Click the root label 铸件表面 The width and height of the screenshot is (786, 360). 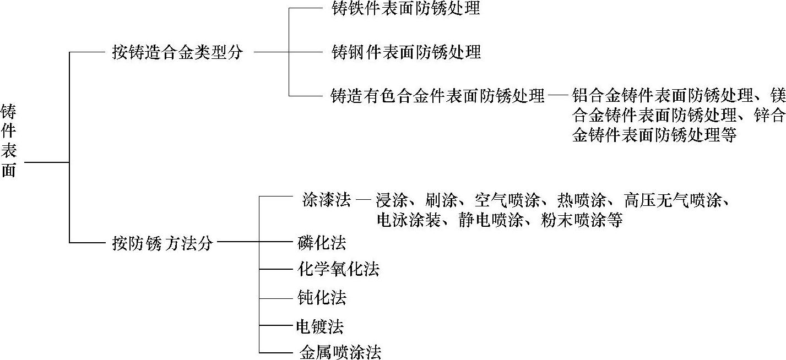(9, 140)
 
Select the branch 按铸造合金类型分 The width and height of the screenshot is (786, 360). (177, 53)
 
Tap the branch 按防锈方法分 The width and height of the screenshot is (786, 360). (162, 243)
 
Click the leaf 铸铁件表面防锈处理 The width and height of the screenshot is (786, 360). (406, 9)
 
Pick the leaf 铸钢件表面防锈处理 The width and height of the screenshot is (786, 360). (406, 52)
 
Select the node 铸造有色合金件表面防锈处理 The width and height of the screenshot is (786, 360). (437, 96)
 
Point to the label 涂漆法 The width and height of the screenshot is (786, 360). (327, 200)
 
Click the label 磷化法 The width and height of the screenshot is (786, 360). (321, 243)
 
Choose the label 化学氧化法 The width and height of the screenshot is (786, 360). (338, 270)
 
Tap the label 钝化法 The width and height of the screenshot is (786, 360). (321, 298)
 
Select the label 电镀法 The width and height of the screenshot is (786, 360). (320, 326)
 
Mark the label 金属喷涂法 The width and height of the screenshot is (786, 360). (340, 352)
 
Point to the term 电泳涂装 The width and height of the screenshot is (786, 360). (408, 220)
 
